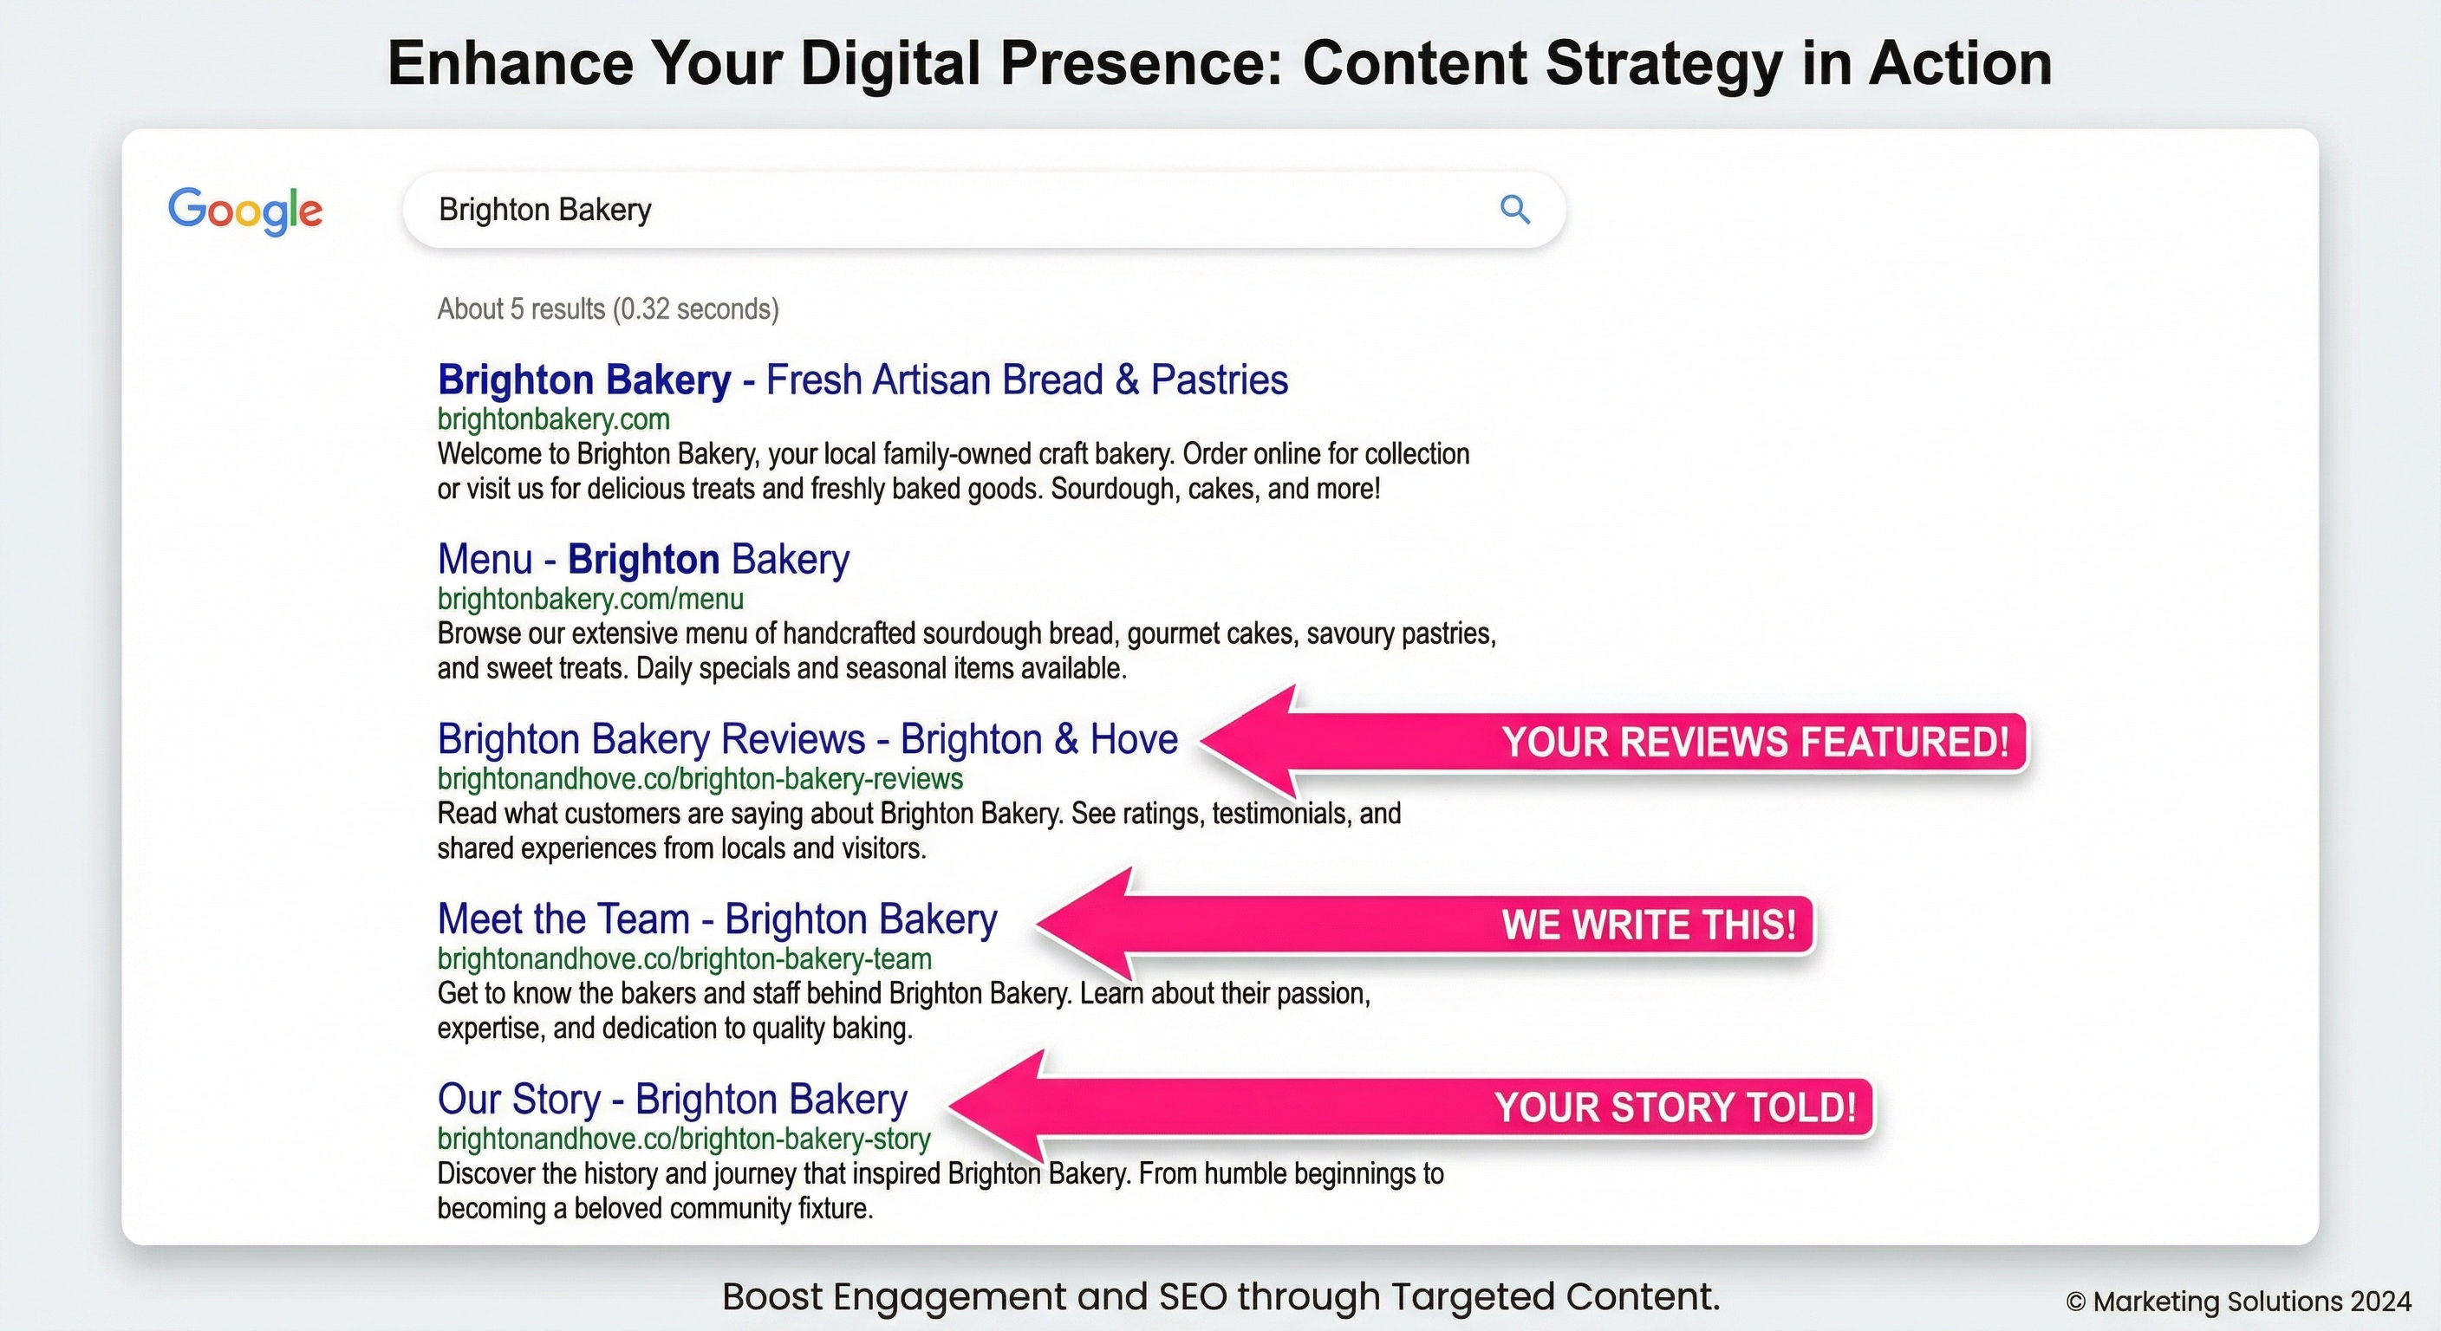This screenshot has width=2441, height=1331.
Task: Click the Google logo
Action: pos(245,211)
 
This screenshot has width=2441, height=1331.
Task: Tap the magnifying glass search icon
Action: pos(1514,210)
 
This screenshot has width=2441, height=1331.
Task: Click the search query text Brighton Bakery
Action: pos(545,210)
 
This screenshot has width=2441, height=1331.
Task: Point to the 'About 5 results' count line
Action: pos(608,308)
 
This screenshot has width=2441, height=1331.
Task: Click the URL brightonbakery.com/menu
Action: pos(590,599)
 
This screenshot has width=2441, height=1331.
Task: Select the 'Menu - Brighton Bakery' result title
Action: pos(643,559)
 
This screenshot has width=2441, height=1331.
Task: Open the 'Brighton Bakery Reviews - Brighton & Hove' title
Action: pos(807,739)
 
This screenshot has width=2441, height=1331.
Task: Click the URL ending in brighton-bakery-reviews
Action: pos(700,779)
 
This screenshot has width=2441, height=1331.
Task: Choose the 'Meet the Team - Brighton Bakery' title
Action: pos(718,919)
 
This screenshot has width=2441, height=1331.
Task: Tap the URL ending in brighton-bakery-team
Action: pos(684,958)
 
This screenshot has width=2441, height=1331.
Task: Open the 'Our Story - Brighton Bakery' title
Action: pos(672,1099)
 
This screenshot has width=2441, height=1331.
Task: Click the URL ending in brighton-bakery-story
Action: pos(683,1139)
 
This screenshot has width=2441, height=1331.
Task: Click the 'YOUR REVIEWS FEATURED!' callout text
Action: pos(1755,742)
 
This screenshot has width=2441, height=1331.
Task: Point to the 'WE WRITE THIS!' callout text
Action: pos(1649,925)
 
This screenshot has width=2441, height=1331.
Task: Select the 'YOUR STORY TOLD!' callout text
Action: pos(1675,1107)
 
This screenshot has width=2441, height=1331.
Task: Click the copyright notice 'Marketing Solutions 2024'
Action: pos(2238,1302)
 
